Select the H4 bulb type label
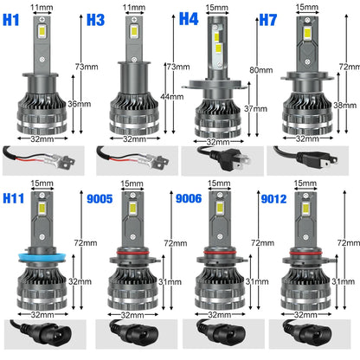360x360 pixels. click(189, 18)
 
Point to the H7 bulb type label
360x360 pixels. click(272, 18)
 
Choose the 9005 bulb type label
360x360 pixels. click(100, 198)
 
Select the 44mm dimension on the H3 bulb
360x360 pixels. click(168, 97)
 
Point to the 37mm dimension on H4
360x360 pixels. click(256, 107)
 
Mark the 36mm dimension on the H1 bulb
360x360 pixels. click(78, 104)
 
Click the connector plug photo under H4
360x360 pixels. click(222, 161)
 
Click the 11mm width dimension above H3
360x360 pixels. click(132, 8)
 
